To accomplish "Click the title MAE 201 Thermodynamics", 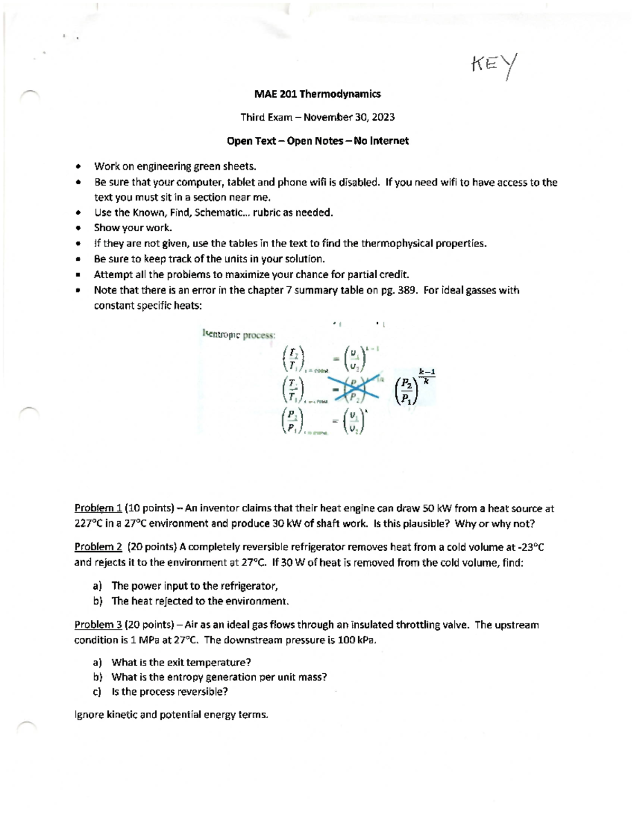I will [317, 94].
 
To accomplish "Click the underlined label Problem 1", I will [98, 508].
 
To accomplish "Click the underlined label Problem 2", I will [98, 547].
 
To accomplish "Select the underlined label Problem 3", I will [98, 625].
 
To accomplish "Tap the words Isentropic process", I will [239, 334].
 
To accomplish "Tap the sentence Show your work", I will [133, 228].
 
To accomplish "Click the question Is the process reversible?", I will [170, 692].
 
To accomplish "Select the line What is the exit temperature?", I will [181, 662].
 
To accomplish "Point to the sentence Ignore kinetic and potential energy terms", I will [172, 715].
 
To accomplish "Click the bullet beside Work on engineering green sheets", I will [78, 167].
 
